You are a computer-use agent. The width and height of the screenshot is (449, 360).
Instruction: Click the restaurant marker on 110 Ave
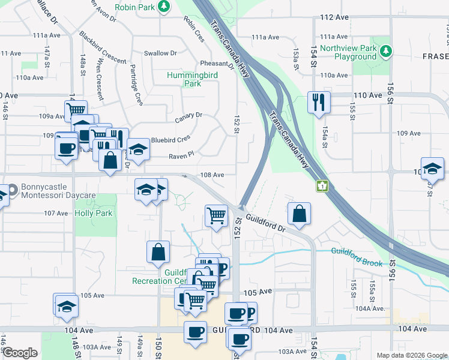tap(318, 102)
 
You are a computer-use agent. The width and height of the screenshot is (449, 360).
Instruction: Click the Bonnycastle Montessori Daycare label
tap(58, 191)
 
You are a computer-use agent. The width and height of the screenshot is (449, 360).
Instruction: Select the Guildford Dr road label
tap(265, 224)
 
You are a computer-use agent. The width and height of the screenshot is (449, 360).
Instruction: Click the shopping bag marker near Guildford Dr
tap(299, 214)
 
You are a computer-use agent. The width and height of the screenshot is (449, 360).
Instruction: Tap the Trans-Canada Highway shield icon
tap(323, 186)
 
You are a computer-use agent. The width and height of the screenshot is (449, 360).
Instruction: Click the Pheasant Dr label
tap(217, 64)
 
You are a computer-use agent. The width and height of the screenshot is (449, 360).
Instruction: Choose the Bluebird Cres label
tap(170, 139)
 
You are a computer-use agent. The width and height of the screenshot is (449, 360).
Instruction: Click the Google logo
tap(19, 353)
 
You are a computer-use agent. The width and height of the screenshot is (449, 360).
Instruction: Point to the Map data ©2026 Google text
tap(411, 355)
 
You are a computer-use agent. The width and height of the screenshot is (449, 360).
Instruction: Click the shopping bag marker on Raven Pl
tap(110, 161)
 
